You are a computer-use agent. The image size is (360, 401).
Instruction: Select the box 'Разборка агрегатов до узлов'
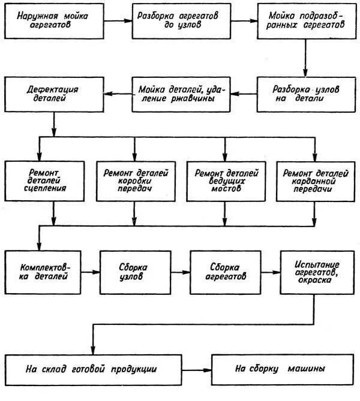tap(173, 21)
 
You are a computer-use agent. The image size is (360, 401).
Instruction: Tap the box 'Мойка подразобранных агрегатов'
tap(299, 21)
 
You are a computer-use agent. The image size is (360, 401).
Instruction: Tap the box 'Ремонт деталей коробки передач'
tap(136, 180)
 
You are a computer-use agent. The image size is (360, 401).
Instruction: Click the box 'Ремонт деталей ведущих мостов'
tap(226, 180)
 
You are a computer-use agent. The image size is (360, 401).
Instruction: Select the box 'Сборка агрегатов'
tap(226, 272)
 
